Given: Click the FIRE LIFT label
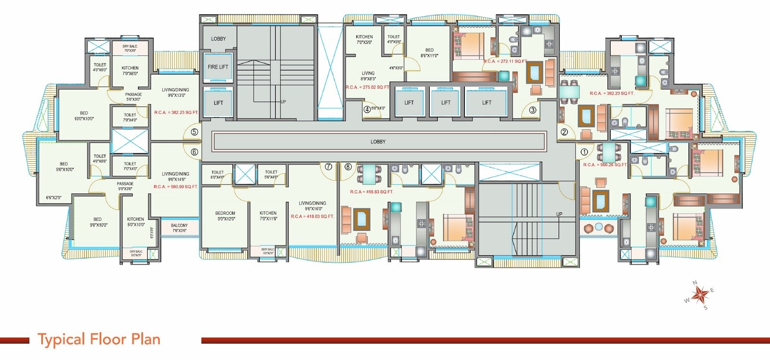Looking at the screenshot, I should tap(218, 67).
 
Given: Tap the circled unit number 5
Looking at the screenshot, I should tap(194, 131).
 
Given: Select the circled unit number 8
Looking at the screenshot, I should tap(348, 167).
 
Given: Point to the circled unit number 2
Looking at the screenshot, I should tap(564, 131).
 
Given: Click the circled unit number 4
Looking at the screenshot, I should tap(367, 109).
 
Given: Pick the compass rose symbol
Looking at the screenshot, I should tap(699, 294).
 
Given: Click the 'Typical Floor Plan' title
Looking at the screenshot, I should tap(99, 339).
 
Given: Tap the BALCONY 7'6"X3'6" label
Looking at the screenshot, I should tap(180, 228).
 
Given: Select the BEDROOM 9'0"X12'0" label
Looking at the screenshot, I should tap(225, 216).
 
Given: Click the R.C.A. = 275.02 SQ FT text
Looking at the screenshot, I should tap(367, 88).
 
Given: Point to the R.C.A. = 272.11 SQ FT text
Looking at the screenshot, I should tap(505, 62).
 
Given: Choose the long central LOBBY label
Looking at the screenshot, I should tap(378, 141).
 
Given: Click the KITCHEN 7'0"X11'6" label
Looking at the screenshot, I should tap(268, 216).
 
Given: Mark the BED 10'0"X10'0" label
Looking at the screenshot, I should tap(84, 116).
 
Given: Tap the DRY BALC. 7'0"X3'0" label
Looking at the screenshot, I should tap(129, 48).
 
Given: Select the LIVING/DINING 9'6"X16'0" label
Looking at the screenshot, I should tap(312, 206).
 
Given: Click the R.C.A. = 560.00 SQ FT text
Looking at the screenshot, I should tap(176, 187).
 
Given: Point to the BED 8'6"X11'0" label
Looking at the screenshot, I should tap(429, 52).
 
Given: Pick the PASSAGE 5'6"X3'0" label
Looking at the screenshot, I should tap(133, 97).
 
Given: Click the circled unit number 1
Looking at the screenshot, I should tap(584, 152).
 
